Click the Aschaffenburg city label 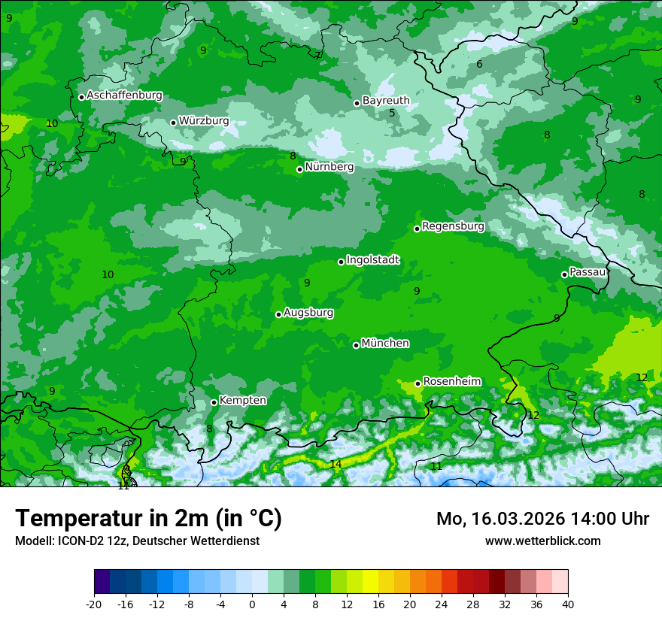click(x=124, y=95)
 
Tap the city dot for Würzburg click(x=173, y=123)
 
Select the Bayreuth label click(x=386, y=100)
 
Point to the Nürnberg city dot click(x=299, y=169)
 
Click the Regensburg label click(x=453, y=226)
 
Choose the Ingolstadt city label click(x=372, y=260)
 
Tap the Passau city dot click(x=564, y=274)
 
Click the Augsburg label click(x=308, y=313)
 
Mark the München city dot click(x=356, y=345)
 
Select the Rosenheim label click(x=451, y=381)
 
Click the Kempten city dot click(x=214, y=402)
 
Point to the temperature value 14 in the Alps click(x=336, y=464)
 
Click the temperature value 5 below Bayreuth click(x=392, y=114)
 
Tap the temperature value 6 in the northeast click(x=479, y=64)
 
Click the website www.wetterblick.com click(x=542, y=541)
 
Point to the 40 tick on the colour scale click(x=567, y=604)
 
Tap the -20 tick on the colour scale click(x=94, y=604)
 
